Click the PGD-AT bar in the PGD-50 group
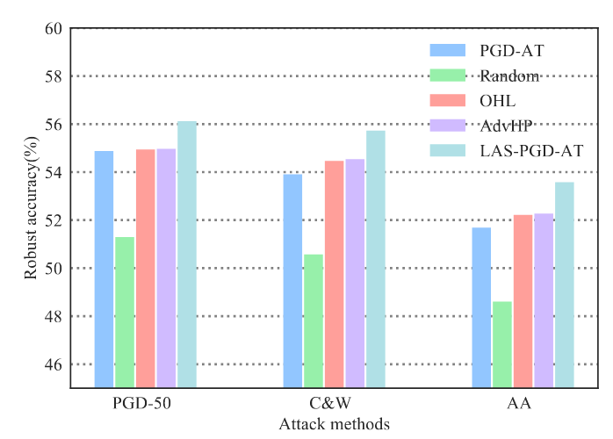pos(104,269)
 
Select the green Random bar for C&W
pos(314,320)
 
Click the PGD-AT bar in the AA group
pos(481,307)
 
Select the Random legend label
pos(510,76)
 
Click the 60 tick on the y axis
pos(53,28)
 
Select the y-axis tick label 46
pos(53,364)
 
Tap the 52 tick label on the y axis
pos(53,220)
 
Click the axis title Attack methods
pos(334,424)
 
